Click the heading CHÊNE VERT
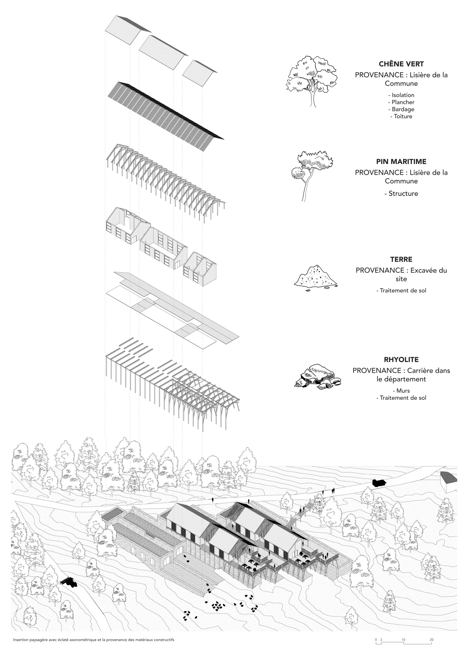pyautogui.click(x=401, y=64)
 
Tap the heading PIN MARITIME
pyautogui.click(x=401, y=161)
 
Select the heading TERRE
pyautogui.click(x=401, y=259)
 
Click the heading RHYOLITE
pyautogui.click(x=401, y=360)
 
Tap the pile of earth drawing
pyautogui.click(x=316, y=277)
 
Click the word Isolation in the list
pyautogui.click(x=403, y=95)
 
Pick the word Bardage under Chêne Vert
pyautogui.click(x=403, y=109)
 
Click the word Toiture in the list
pyautogui.click(x=403, y=117)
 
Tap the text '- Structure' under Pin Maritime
pyautogui.click(x=401, y=193)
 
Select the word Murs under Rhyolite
pyautogui.click(x=403, y=391)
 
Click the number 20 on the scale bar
pyautogui.click(x=431, y=640)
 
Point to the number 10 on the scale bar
pyautogui.click(x=403, y=640)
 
